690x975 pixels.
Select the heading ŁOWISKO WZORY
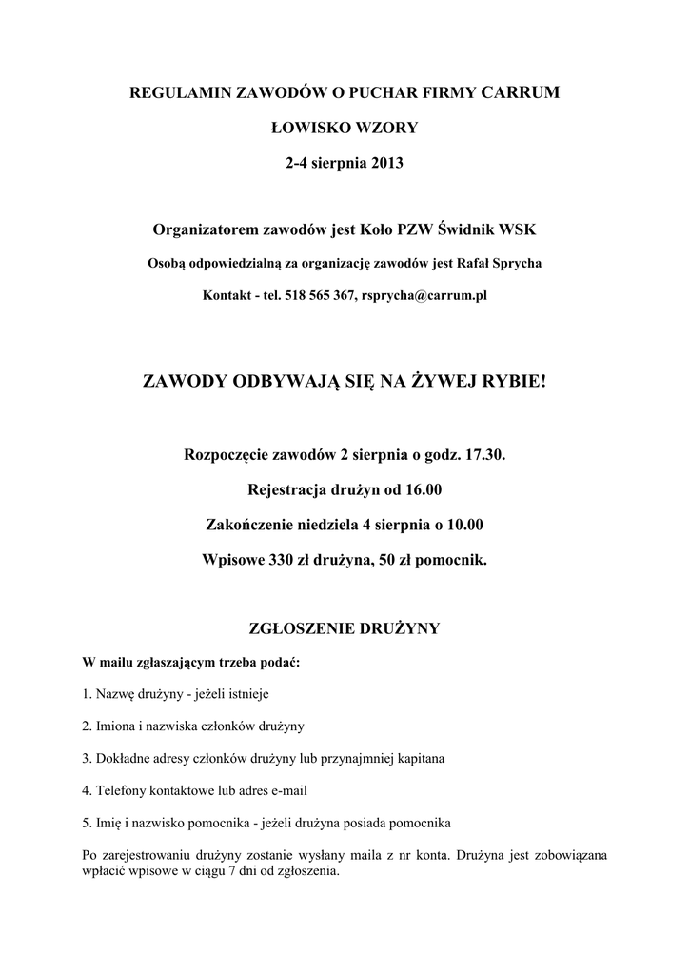[345, 127]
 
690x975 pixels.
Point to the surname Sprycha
[515, 263]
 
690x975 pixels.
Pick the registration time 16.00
[424, 490]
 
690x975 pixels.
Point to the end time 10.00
[463, 525]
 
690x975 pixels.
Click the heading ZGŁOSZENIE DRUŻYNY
[345, 628]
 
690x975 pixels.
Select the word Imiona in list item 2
[114, 726]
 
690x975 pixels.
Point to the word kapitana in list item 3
[418, 759]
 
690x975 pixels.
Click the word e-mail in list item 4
[286, 790]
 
